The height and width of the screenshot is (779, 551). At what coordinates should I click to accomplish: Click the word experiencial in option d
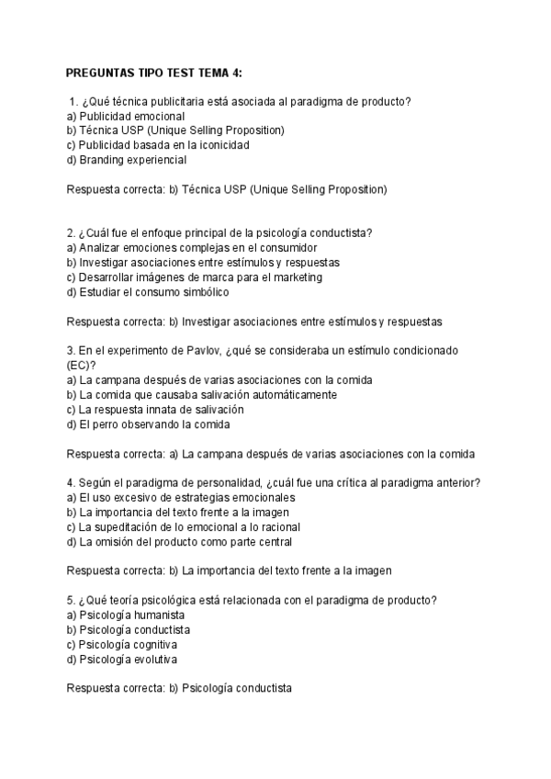pyautogui.click(x=155, y=160)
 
